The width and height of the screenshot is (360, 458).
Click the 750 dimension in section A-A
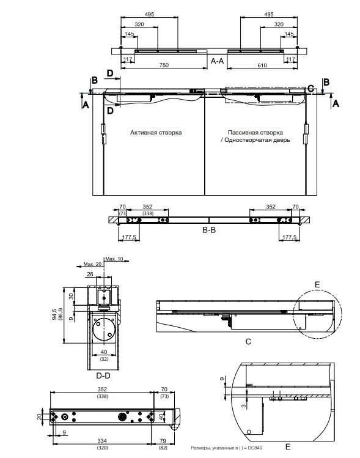pyautogui.click(x=164, y=65)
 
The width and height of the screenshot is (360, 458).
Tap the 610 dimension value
pyautogui.click(x=262, y=65)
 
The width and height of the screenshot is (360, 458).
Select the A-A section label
pyautogui.click(x=217, y=61)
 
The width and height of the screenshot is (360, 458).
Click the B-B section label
pyautogui.click(x=209, y=230)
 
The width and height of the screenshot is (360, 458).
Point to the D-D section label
pyautogui.click(x=103, y=375)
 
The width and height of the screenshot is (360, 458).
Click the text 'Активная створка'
pyautogui.click(x=156, y=132)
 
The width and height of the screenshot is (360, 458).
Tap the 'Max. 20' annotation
pyautogui.click(x=92, y=264)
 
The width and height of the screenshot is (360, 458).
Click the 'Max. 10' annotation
pyautogui.click(x=114, y=259)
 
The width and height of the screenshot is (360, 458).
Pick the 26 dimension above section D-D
pyautogui.click(x=90, y=274)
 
